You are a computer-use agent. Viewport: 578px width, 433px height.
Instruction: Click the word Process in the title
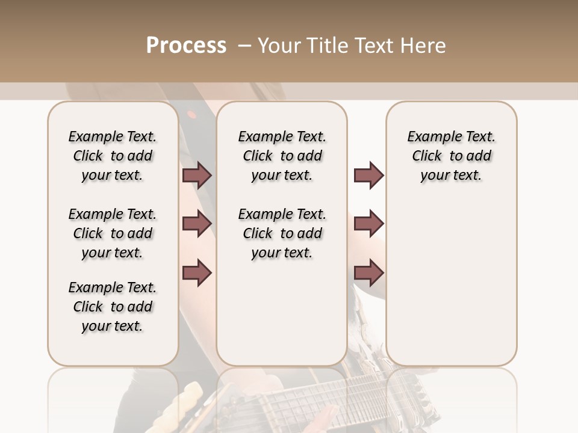[186, 45]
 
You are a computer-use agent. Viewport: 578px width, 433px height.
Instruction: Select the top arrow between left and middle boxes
[197, 176]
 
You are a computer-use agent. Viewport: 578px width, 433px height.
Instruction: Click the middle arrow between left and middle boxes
[197, 224]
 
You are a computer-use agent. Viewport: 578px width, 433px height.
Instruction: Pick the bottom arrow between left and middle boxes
[197, 272]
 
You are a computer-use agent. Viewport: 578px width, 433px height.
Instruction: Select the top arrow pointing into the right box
[368, 176]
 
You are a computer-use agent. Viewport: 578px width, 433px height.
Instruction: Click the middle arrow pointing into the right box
[368, 224]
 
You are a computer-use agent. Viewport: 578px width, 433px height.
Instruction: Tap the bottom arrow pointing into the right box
[368, 272]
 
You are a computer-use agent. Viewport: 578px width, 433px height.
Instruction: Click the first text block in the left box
[113, 156]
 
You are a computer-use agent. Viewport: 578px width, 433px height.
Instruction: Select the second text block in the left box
[113, 233]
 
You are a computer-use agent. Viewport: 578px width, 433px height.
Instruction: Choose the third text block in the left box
[113, 307]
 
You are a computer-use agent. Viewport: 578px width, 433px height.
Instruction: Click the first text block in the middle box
[282, 156]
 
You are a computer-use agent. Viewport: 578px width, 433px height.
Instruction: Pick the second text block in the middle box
[282, 233]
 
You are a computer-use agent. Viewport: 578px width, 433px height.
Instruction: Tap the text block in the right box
[452, 156]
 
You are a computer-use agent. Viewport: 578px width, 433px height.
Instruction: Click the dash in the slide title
[244, 45]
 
